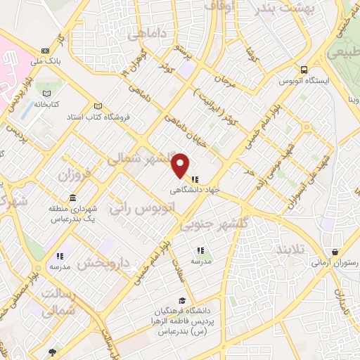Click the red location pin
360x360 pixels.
tap(181, 166)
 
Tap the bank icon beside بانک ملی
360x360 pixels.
tap(46, 51)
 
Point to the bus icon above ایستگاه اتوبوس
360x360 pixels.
tap(304, 70)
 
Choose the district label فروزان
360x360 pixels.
tap(75, 174)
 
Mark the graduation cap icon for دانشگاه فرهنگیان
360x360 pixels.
tap(183, 301)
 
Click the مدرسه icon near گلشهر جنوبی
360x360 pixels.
tap(200, 250)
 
